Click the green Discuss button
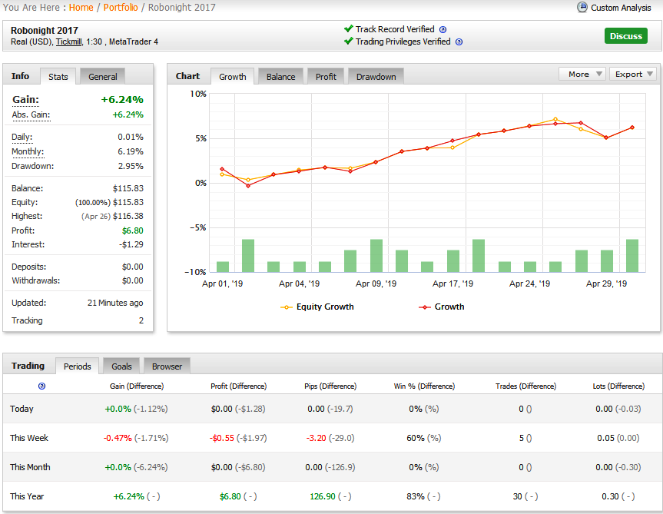pyautogui.click(x=626, y=36)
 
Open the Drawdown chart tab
pyautogui.click(x=376, y=77)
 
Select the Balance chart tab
pyautogui.click(x=280, y=77)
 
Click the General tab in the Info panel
pyautogui.click(x=103, y=77)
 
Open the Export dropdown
pyautogui.click(x=633, y=74)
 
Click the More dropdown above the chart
pyautogui.click(x=582, y=74)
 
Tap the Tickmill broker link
pyautogui.click(x=69, y=41)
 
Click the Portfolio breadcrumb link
pyautogui.click(x=121, y=8)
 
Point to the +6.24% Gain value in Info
pyautogui.click(x=122, y=99)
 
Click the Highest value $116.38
pyautogui.click(x=128, y=216)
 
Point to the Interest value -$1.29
pyautogui.click(x=131, y=244)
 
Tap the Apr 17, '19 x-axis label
pyautogui.click(x=452, y=284)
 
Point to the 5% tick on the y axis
pyautogui.click(x=201, y=138)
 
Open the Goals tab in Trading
pyautogui.click(x=121, y=366)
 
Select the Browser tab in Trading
pyautogui.click(x=167, y=366)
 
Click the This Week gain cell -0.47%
pyautogui.click(x=118, y=438)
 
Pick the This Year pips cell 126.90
pyautogui.click(x=323, y=496)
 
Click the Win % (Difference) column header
pyautogui.click(x=424, y=386)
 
